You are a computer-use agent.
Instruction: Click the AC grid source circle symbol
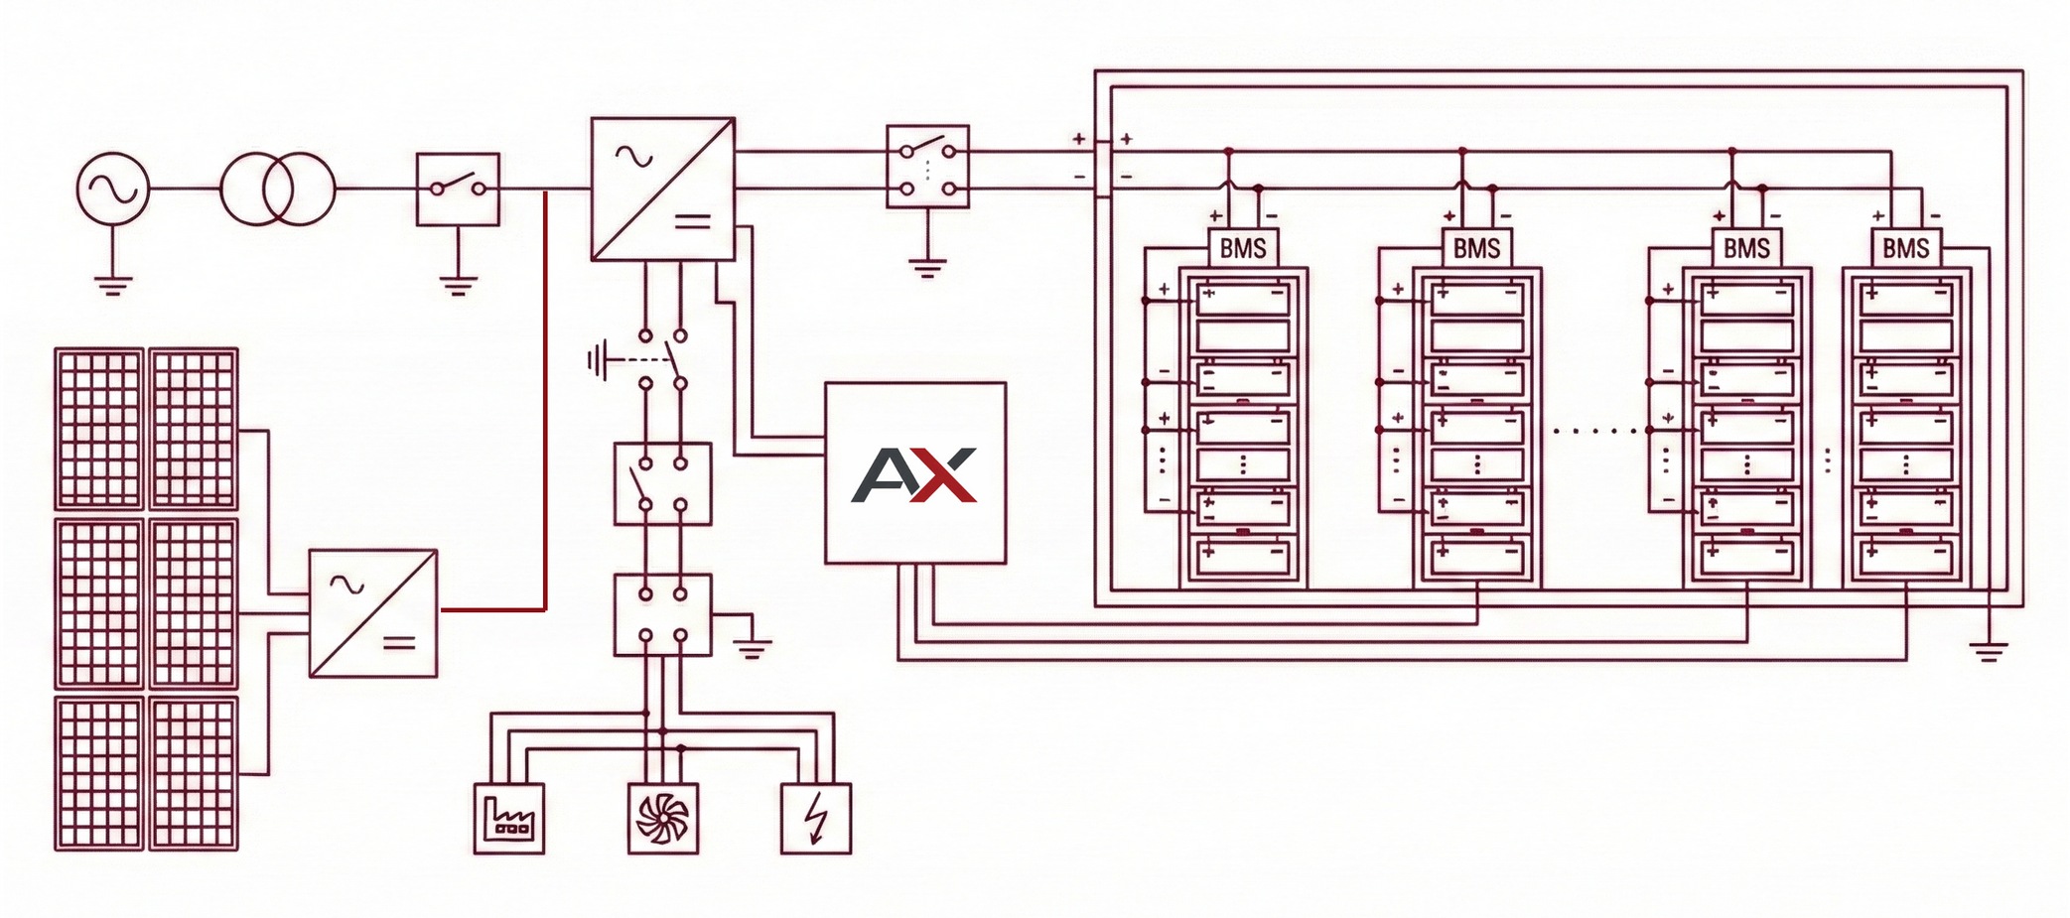click(x=113, y=189)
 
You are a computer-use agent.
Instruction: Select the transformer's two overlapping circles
click(x=277, y=189)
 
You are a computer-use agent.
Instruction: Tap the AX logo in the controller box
click(x=914, y=475)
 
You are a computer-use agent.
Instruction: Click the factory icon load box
click(x=509, y=819)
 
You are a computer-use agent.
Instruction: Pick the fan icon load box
click(x=663, y=819)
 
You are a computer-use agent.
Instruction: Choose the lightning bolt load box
click(x=816, y=819)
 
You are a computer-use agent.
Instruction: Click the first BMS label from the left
click(x=1242, y=248)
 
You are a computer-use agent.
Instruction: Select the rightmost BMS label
click(x=1905, y=248)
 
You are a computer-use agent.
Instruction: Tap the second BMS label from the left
click(x=1476, y=248)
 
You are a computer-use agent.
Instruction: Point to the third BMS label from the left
click(x=1746, y=248)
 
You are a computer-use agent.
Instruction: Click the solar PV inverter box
click(x=373, y=613)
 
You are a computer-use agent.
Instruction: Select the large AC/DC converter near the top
click(x=662, y=190)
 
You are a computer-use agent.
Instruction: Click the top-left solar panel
click(x=98, y=429)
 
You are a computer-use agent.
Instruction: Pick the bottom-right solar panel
click(x=194, y=773)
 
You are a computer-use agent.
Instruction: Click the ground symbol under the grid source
click(x=113, y=286)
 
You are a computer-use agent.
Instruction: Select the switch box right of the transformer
click(x=458, y=189)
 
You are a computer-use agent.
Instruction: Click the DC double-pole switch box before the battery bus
click(x=927, y=167)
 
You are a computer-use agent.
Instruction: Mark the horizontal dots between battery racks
click(x=1594, y=431)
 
